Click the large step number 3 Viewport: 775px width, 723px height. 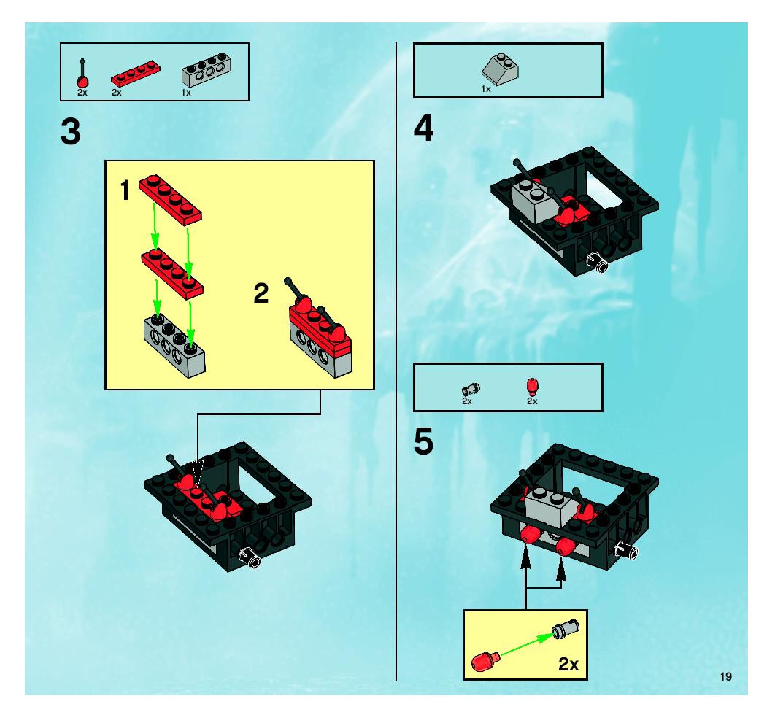point(70,132)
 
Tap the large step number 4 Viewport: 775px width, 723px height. point(423,128)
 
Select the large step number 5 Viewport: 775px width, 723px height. point(423,441)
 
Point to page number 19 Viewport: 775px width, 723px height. point(726,677)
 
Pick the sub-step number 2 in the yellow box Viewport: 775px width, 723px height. point(261,294)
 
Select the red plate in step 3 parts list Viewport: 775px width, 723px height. point(136,74)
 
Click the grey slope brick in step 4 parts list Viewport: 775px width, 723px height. point(500,69)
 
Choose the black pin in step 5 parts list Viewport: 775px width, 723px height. point(471,388)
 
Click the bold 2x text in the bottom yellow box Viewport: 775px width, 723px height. point(568,664)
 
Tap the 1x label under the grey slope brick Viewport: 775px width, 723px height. point(486,89)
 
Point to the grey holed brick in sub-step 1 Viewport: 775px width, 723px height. point(174,347)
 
